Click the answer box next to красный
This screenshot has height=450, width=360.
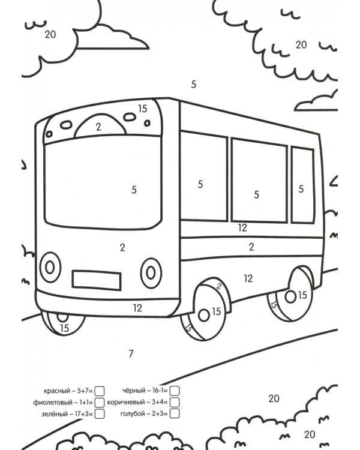click(100, 391)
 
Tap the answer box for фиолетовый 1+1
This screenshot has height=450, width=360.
click(100, 403)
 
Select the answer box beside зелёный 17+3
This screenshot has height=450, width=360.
click(100, 414)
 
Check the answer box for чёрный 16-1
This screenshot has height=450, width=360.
click(175, 391)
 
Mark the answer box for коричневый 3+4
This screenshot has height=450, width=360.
click(175, 402)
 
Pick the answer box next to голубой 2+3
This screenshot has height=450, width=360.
click(175, 413)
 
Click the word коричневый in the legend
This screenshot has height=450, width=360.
click(126, 403)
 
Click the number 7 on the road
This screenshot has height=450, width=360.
click(131, 354)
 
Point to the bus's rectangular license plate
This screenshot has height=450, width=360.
click(97, 280)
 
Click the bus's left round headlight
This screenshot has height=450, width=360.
click(50, 267)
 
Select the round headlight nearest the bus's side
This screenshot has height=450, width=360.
click(151, 273)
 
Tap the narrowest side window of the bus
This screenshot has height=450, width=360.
click(303, 185)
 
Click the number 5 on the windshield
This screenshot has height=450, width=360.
click(134, 190)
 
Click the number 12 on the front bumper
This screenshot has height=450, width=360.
click(137, 308)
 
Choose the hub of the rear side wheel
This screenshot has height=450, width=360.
click(290, 296)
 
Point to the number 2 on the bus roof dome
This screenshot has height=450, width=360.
click(98, 127)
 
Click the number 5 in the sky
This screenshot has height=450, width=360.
click(194, 85)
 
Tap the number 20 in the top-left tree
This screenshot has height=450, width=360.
click(50, 34)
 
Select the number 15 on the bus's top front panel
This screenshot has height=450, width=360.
click(143, 109)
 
